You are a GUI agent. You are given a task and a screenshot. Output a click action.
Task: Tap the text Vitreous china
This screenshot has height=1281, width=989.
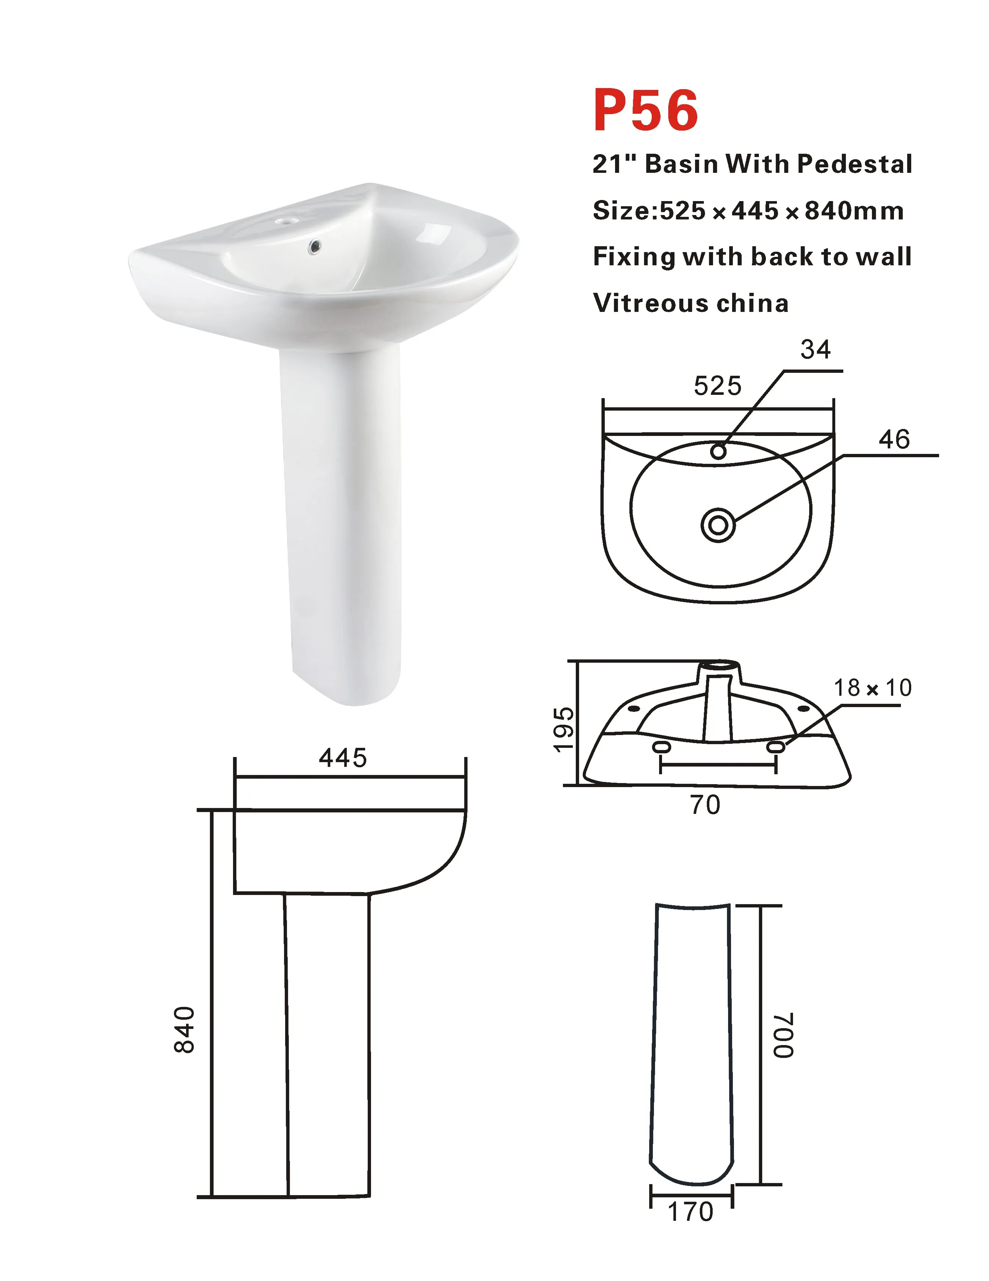690,303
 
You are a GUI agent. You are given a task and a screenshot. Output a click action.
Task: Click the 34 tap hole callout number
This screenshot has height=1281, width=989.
815,350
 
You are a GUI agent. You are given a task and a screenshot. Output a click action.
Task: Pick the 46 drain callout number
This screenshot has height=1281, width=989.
894,439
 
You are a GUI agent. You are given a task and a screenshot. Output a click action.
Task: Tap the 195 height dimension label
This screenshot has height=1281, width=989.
564,729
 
